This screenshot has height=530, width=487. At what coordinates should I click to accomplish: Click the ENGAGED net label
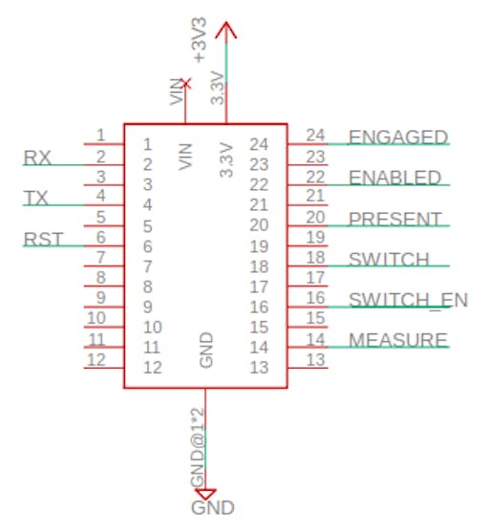coord(398,137)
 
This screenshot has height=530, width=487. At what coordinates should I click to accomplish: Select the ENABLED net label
coord(394,178)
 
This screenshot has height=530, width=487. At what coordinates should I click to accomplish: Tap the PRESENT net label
coord(394,219)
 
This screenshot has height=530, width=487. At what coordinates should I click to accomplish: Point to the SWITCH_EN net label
coord(409,300)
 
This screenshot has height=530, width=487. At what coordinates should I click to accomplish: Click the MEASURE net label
coord(398,340)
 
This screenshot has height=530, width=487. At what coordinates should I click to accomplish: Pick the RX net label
coord(37,158)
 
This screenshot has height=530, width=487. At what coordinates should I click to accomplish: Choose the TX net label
coord(36,198)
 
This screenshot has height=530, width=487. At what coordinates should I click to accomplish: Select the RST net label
coord(43,239)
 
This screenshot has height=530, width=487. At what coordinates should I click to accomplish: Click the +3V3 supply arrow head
coord(226,30)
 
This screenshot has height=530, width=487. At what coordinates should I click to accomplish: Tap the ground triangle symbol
coord(205,494)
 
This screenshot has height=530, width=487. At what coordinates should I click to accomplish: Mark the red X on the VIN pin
coord(185,83)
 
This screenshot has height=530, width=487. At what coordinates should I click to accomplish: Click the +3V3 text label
coord(200,40)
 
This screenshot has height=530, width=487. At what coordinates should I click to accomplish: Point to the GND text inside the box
coord(206,350)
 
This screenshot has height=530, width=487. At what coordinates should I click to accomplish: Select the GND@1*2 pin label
coord(198,447)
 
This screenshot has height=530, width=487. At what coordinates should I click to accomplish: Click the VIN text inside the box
coord(185,157)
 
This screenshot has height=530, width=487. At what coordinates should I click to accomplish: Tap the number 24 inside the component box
coord(259,144)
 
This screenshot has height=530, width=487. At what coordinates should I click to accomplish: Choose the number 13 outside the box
coord(315,360)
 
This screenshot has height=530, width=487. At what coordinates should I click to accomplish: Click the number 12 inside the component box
coord(153,368)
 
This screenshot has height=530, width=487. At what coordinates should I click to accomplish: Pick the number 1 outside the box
coord(100,136)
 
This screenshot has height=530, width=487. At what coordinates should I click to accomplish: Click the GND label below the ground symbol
coord(213,508)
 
